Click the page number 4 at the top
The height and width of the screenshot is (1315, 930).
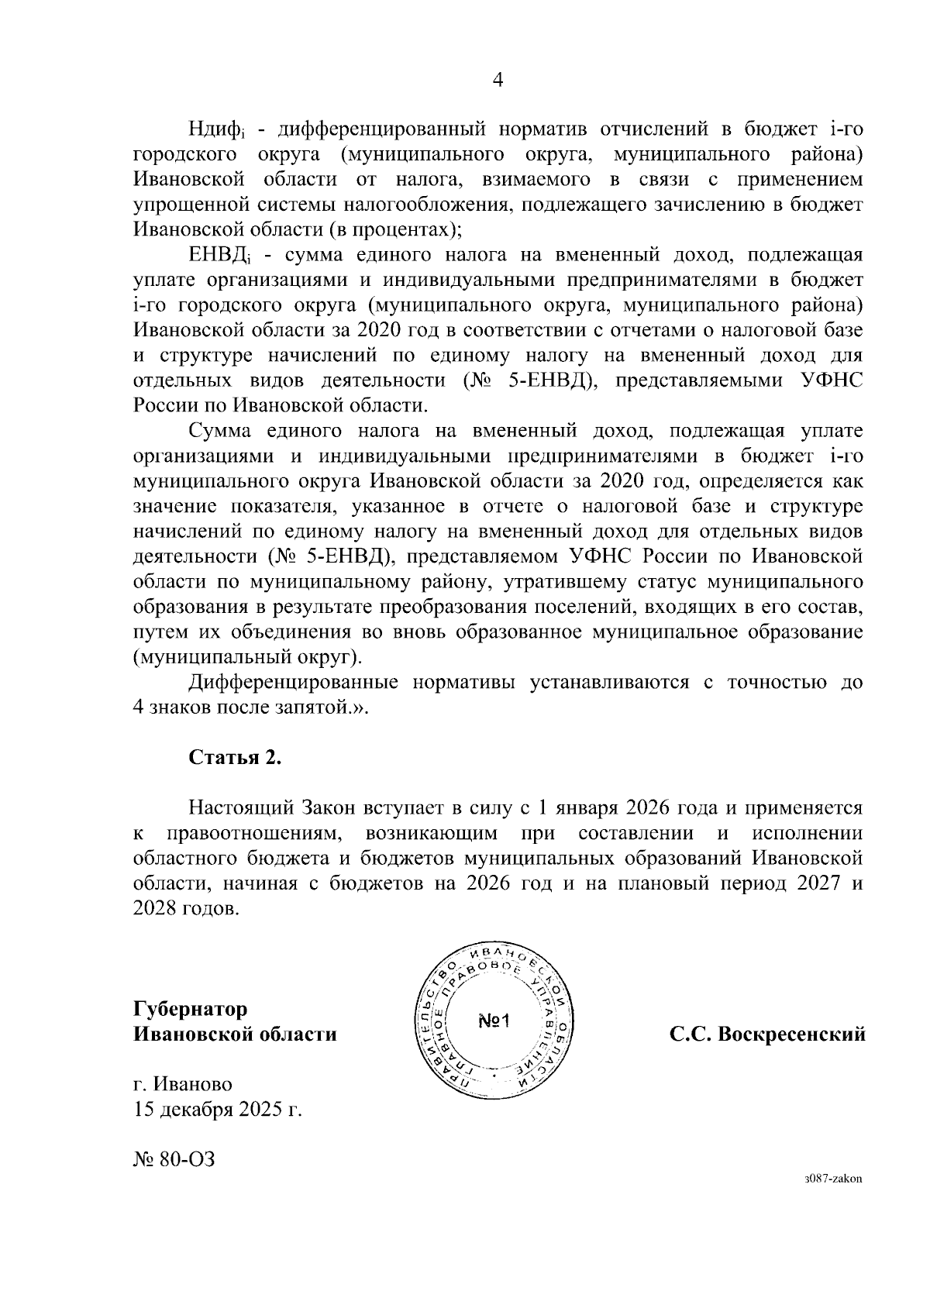(x=498, y=81)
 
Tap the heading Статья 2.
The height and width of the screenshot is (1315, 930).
(x=235, y=758)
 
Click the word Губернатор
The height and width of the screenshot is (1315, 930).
(x=191, y=1009)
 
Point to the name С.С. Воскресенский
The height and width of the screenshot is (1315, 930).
(x=767, y=1034)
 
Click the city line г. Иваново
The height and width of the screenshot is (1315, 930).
(x=182, y=1084)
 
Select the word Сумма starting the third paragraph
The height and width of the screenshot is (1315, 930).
(x=222, y=431)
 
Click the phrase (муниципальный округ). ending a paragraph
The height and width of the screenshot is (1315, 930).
(x=247, y=658)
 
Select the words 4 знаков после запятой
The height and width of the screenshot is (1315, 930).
(x=246, y=707)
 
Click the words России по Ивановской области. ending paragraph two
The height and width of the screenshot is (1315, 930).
(x=280, y=406)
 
